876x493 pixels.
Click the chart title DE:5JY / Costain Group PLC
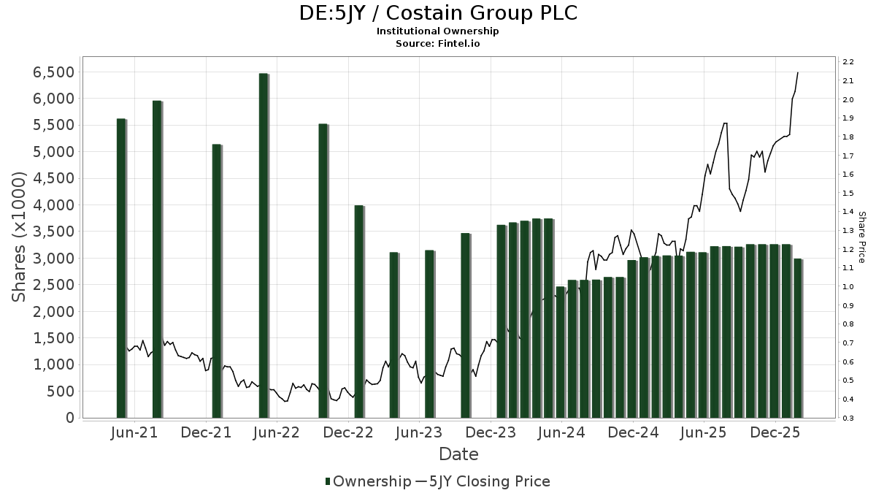pos(438,13)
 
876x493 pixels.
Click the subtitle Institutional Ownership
pos(438,31)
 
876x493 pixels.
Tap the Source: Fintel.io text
pos(438,44)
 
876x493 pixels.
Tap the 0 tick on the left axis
pos(70,418)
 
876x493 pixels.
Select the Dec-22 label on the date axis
pos(349,433)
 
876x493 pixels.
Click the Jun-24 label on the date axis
pos(561,433)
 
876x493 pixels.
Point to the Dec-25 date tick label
pos(775,433)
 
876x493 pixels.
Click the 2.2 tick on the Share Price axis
pos(848,61)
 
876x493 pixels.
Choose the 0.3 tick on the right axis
pos(848,418)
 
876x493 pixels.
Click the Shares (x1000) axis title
pos(20,237)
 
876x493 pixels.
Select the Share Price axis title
pos(861,237)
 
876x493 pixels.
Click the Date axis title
pos(458,454)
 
